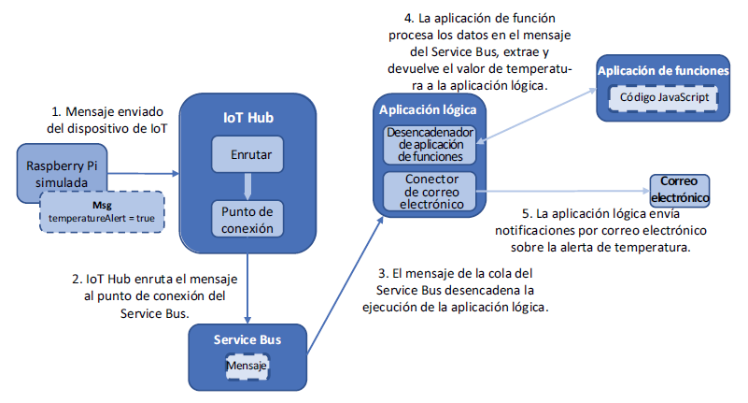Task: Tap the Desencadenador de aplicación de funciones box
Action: coord(430,144)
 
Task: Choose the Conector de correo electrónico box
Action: coord(430,190)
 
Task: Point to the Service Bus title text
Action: coord(247,338)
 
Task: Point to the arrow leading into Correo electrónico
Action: coord(560,191)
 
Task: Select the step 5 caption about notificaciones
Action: coord(600,229)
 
